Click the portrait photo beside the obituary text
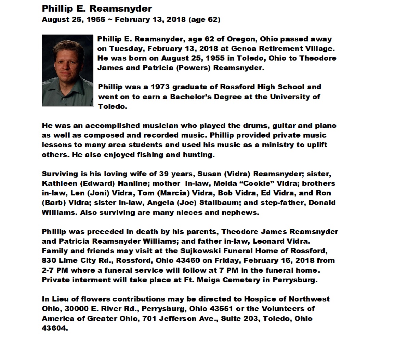pos(67,70)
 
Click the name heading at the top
pos(97,9)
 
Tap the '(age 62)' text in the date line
pos(204,19)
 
